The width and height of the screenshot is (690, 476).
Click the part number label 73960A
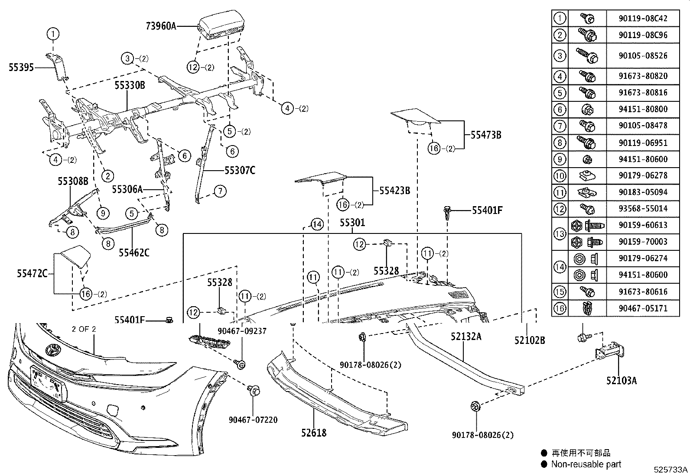pyautogui.click(x=161, y=26)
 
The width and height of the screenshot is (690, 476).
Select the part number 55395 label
pyautogui.click(x=21, y=67)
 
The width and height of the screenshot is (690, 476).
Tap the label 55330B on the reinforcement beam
pyautogui.click(x=130, y=85)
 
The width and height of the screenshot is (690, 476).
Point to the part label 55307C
pyautogui.click(x=240, y=170)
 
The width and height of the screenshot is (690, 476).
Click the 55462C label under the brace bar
pyautogui.click(x=134, y=252)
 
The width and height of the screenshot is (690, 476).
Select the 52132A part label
pyautogui.click(x=466, y=337)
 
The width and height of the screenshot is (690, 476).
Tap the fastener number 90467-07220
pyautogui.click(x=253, y=420)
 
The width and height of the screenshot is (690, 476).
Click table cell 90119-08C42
pyautogui.click(x=643, y=19)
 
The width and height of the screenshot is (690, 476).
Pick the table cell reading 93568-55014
pyautogui.click(x=643, y=209)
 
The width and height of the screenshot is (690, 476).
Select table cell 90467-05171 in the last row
pyautogui.click(x=643, y=308)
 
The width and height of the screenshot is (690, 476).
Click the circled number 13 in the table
pyautogui.click(x=560, y=233)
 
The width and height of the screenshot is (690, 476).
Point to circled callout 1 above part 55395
pyautogui.click(x=53, y=33)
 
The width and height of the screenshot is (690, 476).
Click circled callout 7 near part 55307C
pyautogui.click(x=220, y=191)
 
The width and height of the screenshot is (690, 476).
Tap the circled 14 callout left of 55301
pyautogui.click(x=317, y=224)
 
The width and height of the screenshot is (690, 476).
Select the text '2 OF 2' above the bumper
pyautogui.click(x=84, y=329)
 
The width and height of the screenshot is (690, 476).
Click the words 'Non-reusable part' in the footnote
pyautogui.click(x=586, y=464)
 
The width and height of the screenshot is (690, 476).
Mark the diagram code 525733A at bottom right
pyautogui.click(x=671, y=470)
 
